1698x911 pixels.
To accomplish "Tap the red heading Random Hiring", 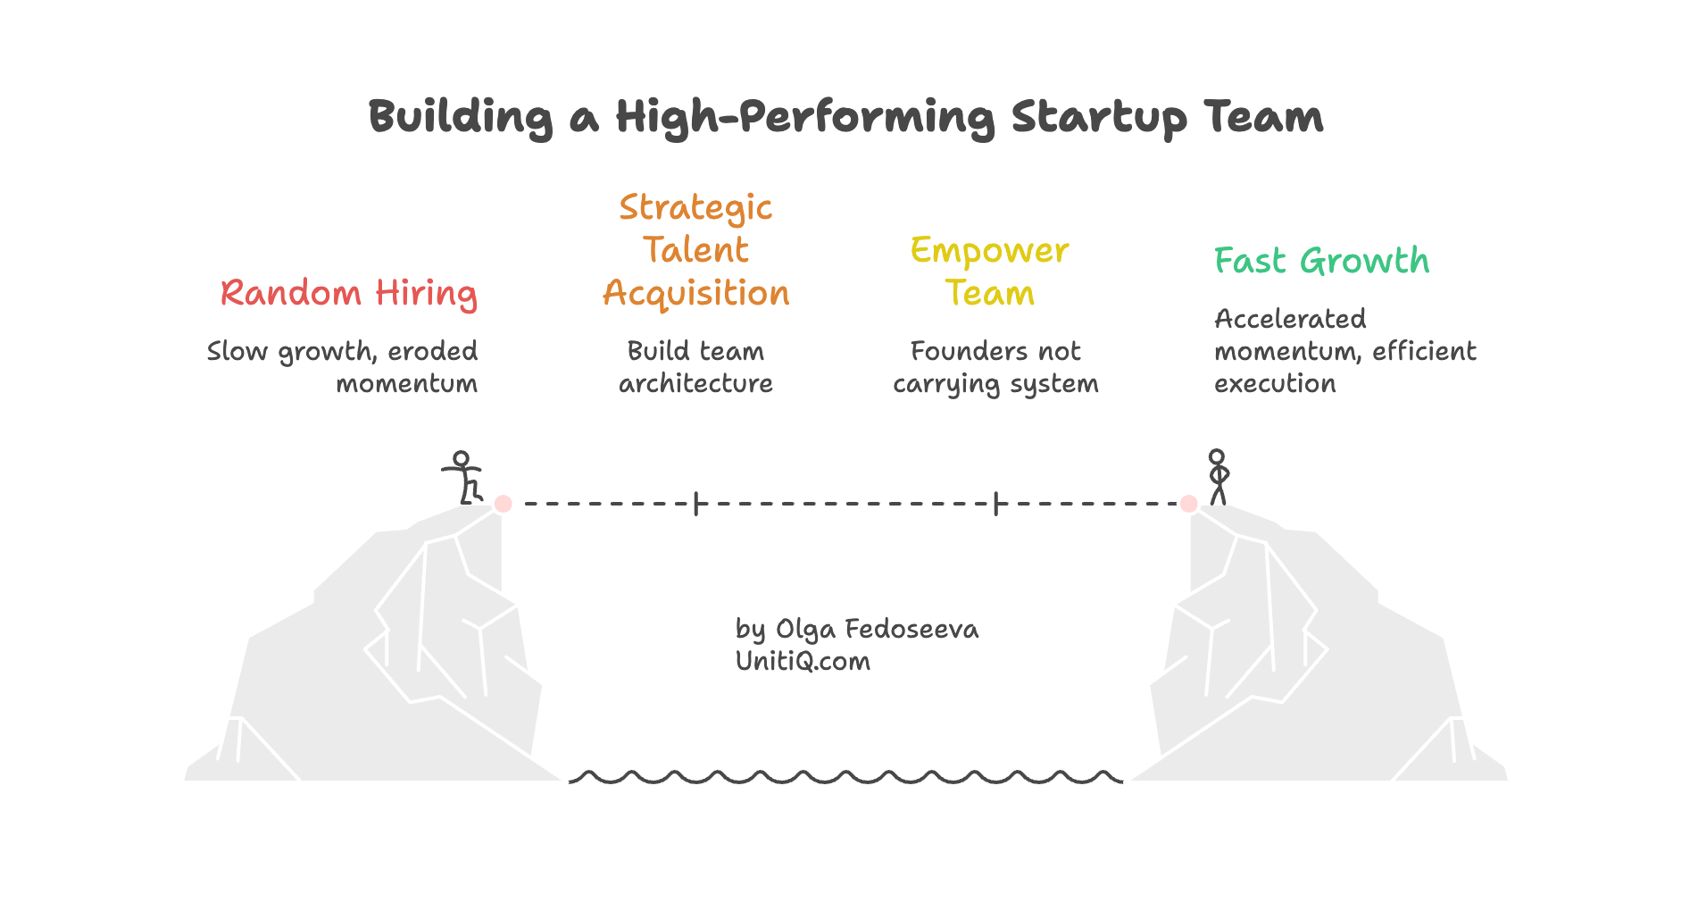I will pos(349,293).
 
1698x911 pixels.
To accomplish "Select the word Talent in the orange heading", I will pos(695,250).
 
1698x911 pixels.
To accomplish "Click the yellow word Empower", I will pos(989,251).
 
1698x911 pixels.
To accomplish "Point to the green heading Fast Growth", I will pos(1321,261).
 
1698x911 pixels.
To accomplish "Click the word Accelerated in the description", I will pos(1290,319).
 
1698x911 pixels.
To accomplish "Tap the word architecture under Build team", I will pos(695,384).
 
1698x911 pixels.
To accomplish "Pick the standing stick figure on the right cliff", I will pos(1218,476).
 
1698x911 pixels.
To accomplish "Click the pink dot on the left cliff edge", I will pos(504,504).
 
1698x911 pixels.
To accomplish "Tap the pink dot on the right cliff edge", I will pos(1188,504).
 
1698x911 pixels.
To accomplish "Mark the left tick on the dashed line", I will pos(696,504).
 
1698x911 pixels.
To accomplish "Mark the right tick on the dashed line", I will pos(995,504).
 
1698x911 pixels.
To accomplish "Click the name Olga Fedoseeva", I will pos(877,629).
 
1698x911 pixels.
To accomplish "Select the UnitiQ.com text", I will pos(803,661).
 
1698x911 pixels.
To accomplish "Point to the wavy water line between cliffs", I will pos(845,777).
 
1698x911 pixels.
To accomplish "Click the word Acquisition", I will pos(695,294).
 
